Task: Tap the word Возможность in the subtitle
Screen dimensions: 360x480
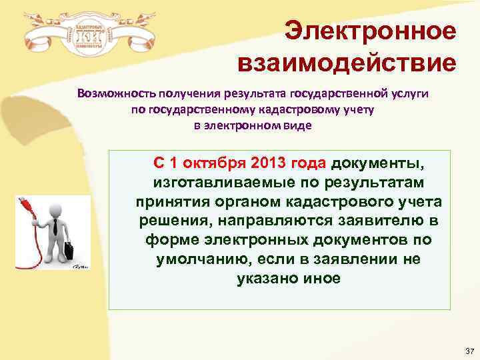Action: (x=116, y=94)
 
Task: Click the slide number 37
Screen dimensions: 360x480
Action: (x=468, y=351)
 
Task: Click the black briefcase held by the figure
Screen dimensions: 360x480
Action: (x=69, y=251)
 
